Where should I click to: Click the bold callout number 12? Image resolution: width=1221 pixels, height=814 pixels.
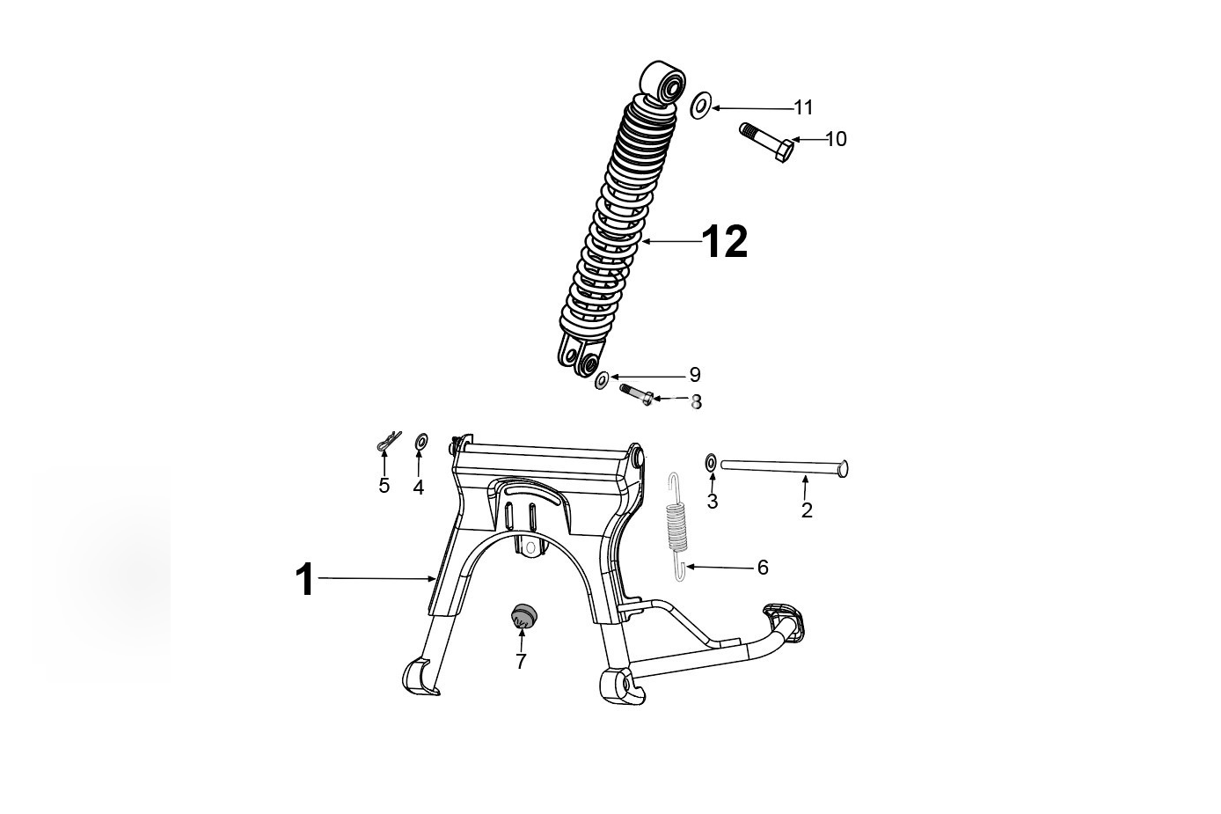[x=725, y=241]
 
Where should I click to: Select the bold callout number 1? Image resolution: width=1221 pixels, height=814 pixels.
[x=304, y=580]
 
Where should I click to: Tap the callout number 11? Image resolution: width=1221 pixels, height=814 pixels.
[x=803, y=108]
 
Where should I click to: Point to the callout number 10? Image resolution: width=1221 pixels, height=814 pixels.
[x=837, y=139]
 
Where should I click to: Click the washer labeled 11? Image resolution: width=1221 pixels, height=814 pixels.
[x=700, y=106]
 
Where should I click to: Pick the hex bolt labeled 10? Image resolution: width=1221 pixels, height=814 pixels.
[x=767, y=143]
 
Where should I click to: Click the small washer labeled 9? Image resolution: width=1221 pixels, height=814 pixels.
[x=602, y=380]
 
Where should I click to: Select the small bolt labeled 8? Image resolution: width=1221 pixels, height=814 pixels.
[x=636, y=394]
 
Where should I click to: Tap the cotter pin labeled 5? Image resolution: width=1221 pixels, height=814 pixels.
[x=389, y=441]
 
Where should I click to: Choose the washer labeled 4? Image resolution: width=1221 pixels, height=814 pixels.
[x=421, y=442]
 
